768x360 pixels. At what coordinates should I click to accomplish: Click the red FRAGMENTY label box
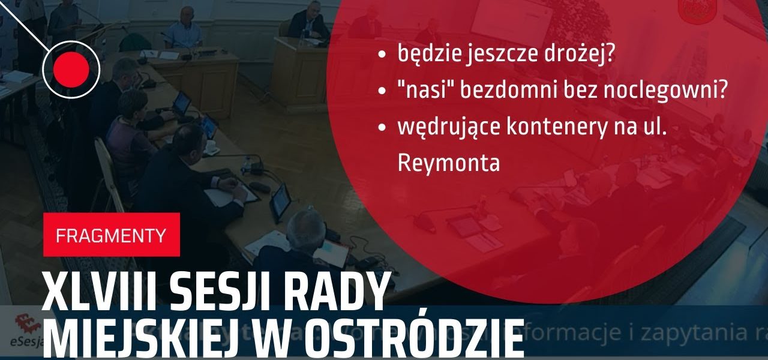(x=111, y=235)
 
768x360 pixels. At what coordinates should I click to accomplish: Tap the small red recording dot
(x=71, y=70)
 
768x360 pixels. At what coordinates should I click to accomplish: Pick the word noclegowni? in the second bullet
(x=673, y=91)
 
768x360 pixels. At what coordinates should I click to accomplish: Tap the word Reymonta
(x=448, y=163)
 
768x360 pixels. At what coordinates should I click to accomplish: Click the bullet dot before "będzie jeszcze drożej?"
(x=382, y=55)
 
